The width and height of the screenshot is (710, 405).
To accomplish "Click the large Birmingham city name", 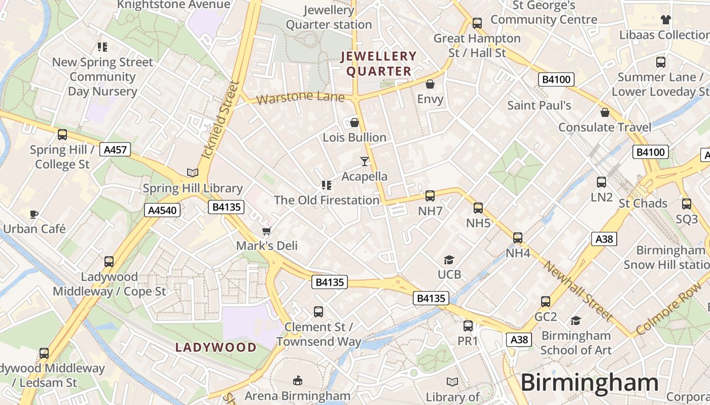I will click(x=589, y=383).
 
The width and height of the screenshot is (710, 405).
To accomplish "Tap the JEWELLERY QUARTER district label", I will click(x=379, y=64).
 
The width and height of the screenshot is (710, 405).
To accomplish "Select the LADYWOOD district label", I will click(x=216, y=347).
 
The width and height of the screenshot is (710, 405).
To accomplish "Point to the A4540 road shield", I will click(x=163, y=210).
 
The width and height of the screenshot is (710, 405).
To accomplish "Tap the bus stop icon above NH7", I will click(x=430, y=196).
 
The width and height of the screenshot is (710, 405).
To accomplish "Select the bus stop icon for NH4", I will click(x=517, y=237).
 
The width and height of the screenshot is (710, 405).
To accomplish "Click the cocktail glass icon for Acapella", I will click(x=364, y=161).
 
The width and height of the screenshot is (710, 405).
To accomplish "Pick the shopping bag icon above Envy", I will click(x=430, y=84).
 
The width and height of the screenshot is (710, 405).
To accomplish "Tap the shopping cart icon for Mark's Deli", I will click(x=266, y=231).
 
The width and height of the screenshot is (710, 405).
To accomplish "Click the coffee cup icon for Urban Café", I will click(x=34, y=214).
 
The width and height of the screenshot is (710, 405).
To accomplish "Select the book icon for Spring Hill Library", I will click(x=192, y=173).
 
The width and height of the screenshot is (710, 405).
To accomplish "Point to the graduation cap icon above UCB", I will click(x=449, y=260).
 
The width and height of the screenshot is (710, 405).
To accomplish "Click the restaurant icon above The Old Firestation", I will click(x=326, y=185).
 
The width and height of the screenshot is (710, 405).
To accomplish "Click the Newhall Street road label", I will click(x=578, y=291).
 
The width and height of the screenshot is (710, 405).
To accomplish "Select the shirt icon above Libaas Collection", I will click(x=665, y=20).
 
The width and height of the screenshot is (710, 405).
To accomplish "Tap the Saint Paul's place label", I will click(x=539, y=105).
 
